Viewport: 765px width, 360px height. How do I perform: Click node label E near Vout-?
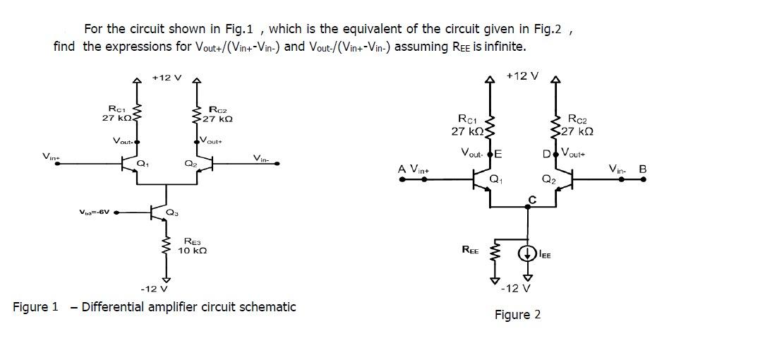click(x=498, y=153)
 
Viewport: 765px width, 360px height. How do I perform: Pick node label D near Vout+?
click(x=546, y=153)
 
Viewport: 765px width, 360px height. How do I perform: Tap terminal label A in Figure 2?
click(x=402, y=169)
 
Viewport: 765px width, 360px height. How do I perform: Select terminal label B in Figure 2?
click(x=642, y=169)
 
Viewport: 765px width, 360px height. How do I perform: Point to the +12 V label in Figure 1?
click(x=167, y=77)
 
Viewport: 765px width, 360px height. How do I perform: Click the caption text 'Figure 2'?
click(x=517, y=315)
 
